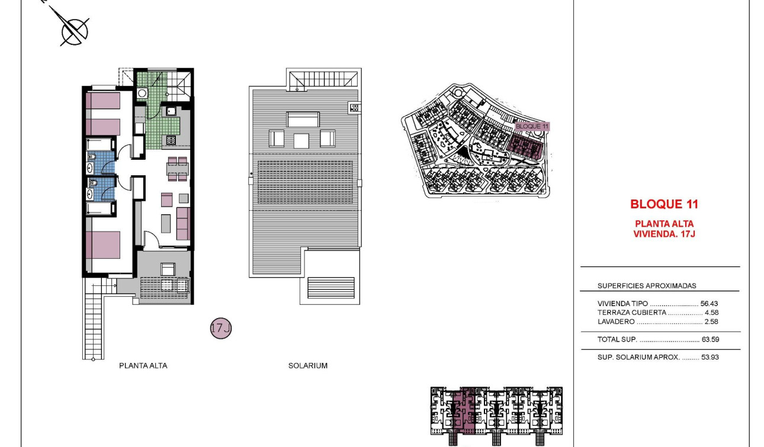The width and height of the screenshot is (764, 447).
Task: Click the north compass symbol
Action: point(75,30)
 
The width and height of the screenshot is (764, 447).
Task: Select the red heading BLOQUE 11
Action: point(664,204)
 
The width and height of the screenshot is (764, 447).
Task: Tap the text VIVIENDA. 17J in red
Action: point(664,234)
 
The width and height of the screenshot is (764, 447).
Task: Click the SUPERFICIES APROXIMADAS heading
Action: point(647,286)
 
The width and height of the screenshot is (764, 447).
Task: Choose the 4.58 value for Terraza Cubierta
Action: point(711,312)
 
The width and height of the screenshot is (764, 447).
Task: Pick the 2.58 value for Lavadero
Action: point(711,321)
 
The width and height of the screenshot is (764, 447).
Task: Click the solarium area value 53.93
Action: point(710,358)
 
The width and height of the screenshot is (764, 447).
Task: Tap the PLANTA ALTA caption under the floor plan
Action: point(143,366)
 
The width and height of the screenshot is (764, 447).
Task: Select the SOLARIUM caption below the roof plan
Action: point(307,366)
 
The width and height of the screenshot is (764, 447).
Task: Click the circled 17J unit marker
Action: point(220,328)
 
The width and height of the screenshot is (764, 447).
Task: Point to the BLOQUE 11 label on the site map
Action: point(532,126)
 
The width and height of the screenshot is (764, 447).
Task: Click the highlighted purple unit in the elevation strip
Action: point(468,409)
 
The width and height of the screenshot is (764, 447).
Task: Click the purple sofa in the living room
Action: point(183,223)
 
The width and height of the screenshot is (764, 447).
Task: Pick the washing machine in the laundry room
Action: point(142,93)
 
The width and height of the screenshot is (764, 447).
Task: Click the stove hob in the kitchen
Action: point(171,140)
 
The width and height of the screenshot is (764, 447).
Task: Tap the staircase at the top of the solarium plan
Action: point(323,79)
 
